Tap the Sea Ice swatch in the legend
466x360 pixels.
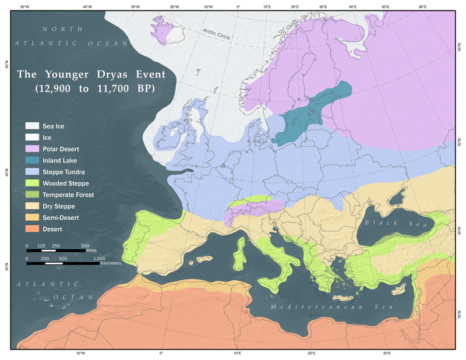[31, 126]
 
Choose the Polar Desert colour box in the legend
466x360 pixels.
[31, 149]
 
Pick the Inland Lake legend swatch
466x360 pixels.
[31, 160]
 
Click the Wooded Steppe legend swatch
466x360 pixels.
[31, 183]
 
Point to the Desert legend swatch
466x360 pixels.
[31, 229]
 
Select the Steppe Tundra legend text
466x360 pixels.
[63, 172]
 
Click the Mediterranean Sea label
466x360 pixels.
[330, 306]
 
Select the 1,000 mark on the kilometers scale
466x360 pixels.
[100, 257]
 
